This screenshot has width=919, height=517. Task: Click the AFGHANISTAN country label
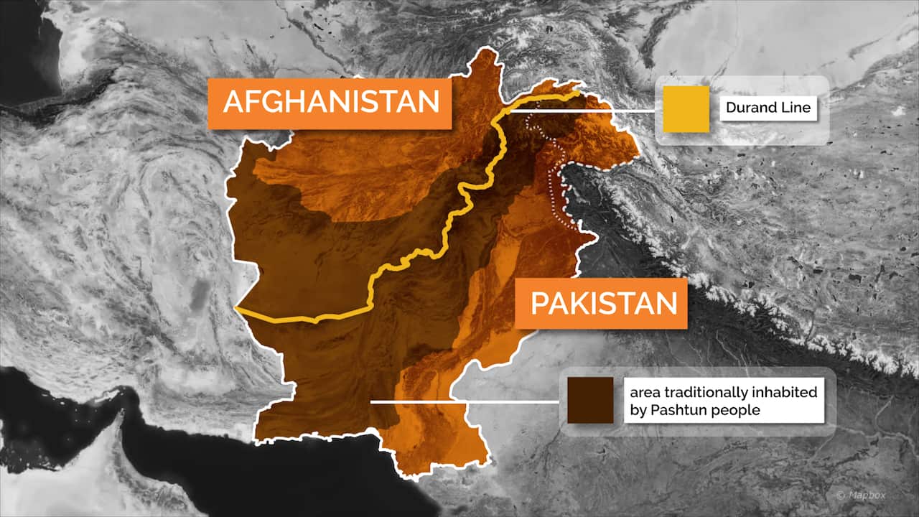point(330,102)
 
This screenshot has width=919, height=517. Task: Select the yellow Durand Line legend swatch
point(686,109)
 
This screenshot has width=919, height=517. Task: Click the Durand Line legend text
point(768,108)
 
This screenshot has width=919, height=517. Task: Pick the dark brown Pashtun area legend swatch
point(590,401)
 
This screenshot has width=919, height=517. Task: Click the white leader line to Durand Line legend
point(582,111)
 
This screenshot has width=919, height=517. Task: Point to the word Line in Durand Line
point(796,108)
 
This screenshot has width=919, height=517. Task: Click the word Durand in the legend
point(752,108)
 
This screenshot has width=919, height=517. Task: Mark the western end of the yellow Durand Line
point(237,309)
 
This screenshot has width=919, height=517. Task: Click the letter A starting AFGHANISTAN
point(234,102)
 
